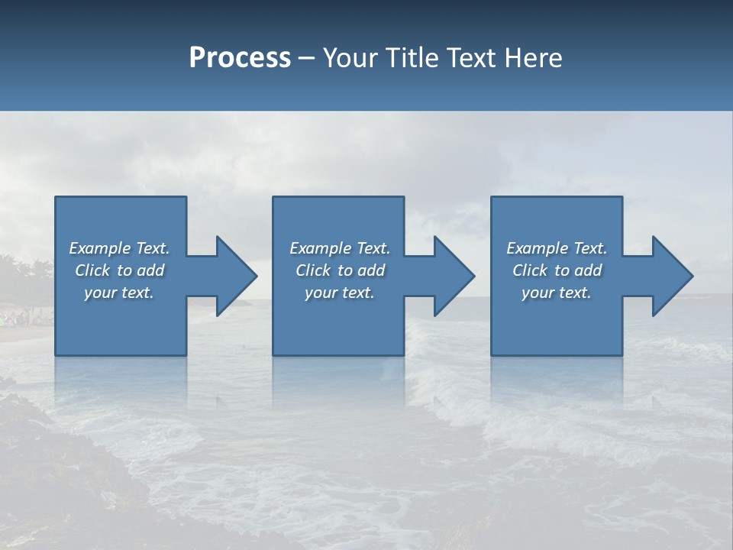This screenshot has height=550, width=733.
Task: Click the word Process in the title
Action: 240,58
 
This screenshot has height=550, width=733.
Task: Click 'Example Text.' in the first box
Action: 119,248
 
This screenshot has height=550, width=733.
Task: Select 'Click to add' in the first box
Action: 119,270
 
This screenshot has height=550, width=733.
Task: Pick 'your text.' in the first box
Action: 119,293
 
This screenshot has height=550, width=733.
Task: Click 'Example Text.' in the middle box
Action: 339,248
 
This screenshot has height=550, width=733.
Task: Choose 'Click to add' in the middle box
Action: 339,270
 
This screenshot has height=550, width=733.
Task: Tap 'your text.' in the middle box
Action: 339,293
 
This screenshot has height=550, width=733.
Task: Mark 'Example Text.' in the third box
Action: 557,248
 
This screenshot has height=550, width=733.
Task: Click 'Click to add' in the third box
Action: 557,270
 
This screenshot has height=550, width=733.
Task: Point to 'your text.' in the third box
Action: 557,293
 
